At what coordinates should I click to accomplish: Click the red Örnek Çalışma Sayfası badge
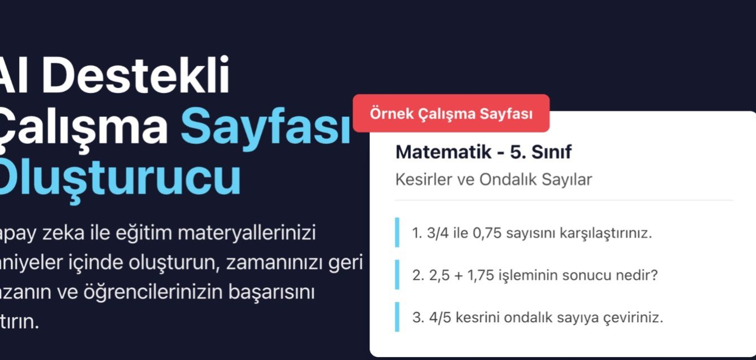click(x=451, y=113)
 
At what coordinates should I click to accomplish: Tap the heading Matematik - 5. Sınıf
click(x=484, y=152)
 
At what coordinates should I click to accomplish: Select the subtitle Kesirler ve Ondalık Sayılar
click(x=494, y=180)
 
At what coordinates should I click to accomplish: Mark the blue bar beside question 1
click(x=397, y=232)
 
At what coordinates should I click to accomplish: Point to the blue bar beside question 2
click(x=397, y=275)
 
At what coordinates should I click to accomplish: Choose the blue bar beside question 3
click(x=397, y=317)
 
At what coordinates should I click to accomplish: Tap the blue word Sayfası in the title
click(x=265, y=126)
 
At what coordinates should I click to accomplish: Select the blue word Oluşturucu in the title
click(x=118, y=178)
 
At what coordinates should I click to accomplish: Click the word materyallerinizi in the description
click(x=247, y=234)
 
